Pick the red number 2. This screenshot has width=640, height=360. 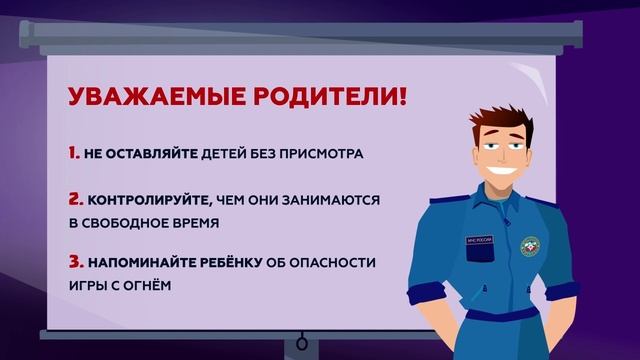pyautogui.click(x=75, y=199)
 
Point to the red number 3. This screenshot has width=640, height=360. pyautogui.click(x=75, y=263)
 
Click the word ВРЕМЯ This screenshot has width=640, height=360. pyautogui.click(x=190, y=222)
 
